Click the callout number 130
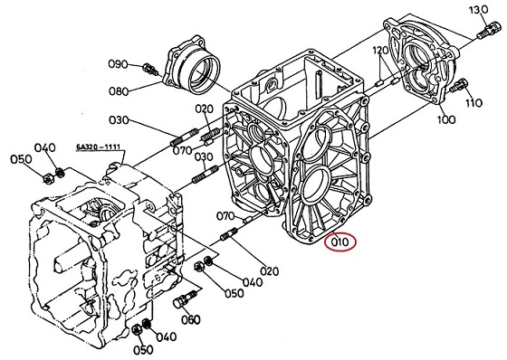pyautogui.click(x=479, y=10)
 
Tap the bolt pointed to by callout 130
pyautogui.click(x=486, y=30)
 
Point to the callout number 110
pyautogui.click(x=474, y=103)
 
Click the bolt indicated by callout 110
pyautogui.click(x=459, y=85)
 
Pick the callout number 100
pyautogui.click(x=446, y=120)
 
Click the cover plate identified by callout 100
pyautogui.click(x=420, y=61)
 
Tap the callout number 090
pyautogui.click(x=118, y=64)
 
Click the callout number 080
pyautogui.click(x=118, y=91)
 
